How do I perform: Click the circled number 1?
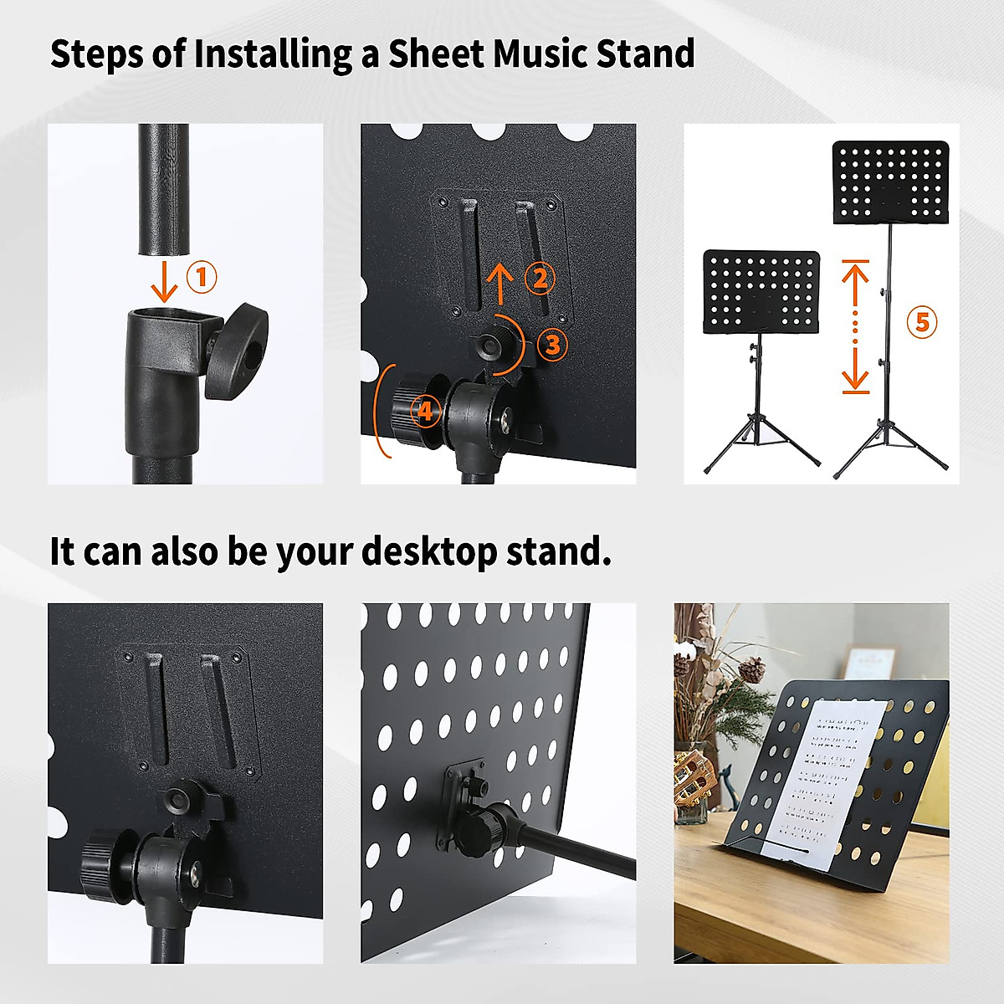click(201, 277)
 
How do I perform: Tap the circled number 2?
click(540, 279)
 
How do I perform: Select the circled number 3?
click(551, 344)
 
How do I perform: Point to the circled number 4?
click(426, 411)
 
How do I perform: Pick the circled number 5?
click(922, 322)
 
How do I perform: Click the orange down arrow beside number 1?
click(165, 283)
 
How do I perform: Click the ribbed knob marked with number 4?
click(413, 411)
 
